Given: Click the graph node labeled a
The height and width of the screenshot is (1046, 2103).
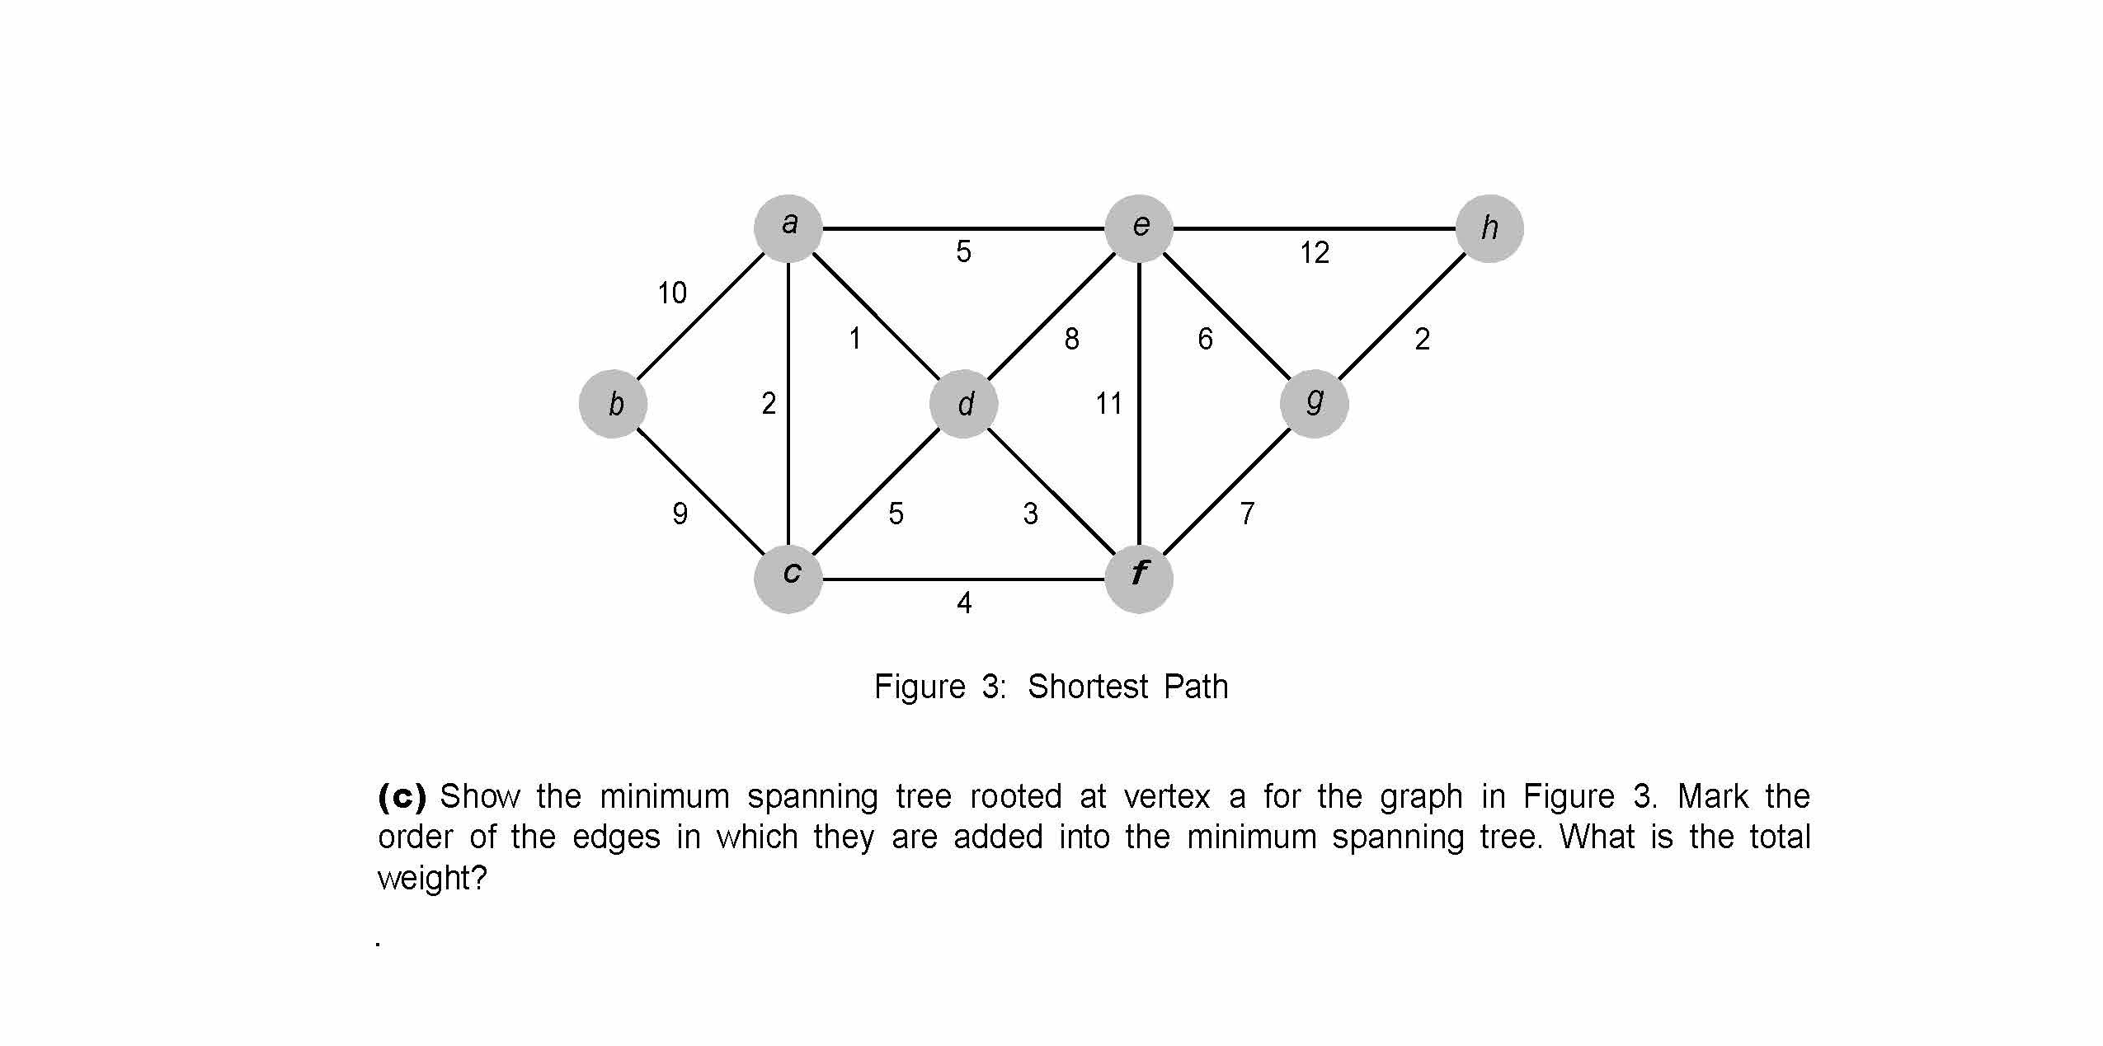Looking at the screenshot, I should tap(788, 228).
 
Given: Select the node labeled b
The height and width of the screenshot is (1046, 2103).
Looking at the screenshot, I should tap(613, 404).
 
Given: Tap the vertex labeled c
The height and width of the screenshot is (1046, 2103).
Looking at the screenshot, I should tap(788, 579).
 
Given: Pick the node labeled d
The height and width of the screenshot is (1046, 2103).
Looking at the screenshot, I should tap(964, 404).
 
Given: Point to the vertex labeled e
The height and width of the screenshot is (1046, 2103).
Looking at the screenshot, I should tap(1139, 228).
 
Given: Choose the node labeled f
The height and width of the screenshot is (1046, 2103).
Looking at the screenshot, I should tap(1139, 579).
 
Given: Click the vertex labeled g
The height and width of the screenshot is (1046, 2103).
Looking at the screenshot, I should tap(1315, 404).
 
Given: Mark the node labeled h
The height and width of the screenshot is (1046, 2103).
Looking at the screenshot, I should tap(1489, 228).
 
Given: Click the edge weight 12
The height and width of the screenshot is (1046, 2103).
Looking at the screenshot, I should tap(1315, 253).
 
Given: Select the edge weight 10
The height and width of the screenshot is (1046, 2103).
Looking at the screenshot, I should tap(672, 293).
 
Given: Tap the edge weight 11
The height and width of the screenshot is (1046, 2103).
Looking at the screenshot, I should tap(1108, 404).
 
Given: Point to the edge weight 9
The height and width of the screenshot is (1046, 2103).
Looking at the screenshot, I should tap(680, 514).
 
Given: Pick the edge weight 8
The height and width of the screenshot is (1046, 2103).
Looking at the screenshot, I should tap(1071, 339).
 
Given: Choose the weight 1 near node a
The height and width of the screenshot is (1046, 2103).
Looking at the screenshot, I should tap(855, 339).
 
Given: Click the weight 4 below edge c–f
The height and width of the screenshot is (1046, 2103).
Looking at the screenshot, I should tap(964, 603).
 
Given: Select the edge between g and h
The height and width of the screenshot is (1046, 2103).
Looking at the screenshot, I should tap(1402, 317).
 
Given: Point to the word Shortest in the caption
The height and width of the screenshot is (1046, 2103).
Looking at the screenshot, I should tap(1087, 687).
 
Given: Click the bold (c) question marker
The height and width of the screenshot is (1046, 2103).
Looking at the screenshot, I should tap(402, 796).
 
